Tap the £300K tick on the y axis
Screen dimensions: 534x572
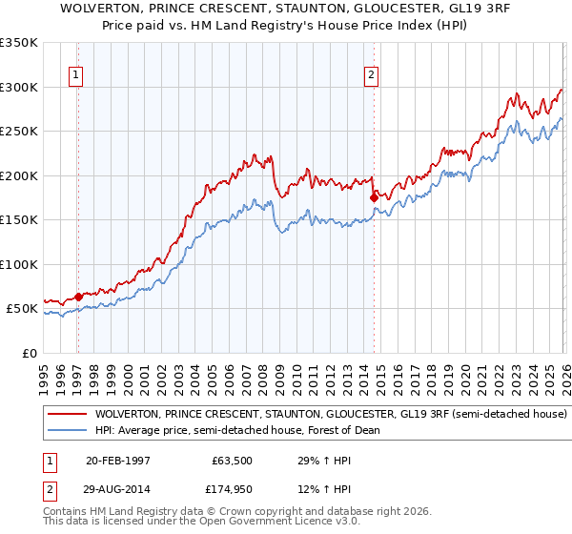click(x=19, y=87)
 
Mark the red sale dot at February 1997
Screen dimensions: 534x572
click(x=79, y=297)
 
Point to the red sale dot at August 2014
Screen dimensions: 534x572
click(x=374, y=197)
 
